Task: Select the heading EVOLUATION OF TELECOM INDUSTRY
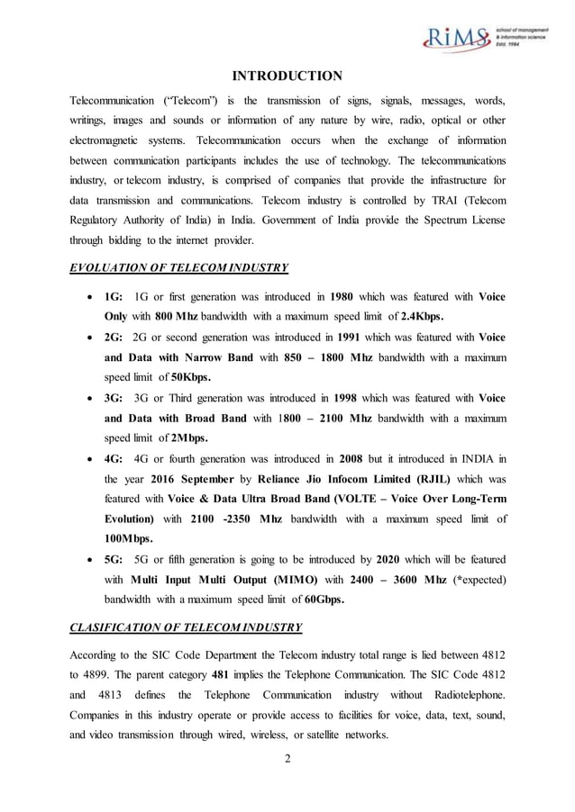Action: pyautogui.click(x=178, y=267)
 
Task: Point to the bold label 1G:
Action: pyautogui.click(x=114, y=296)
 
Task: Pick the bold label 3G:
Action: pyautogui.click(x=114, y=398)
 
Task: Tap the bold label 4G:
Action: pyautogui.click(x=114, y=458)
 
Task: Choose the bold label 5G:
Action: pyautogui.click(x=114, y=559)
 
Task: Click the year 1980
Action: pyautogui.click(x=347, y=296)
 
